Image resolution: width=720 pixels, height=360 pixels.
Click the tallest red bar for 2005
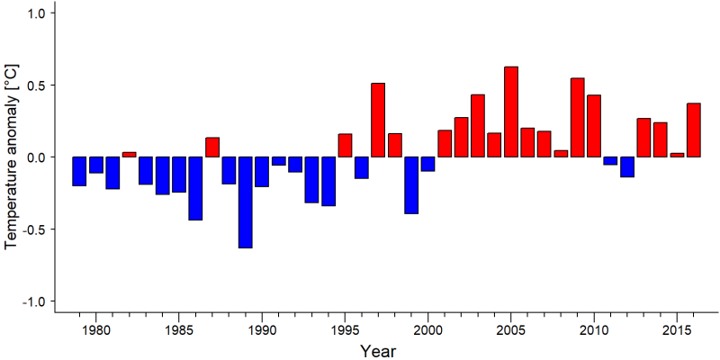511,112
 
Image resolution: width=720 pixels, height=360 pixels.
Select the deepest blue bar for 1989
245,202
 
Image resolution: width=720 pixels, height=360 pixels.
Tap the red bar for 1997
378,121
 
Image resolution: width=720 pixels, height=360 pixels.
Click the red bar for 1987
212,148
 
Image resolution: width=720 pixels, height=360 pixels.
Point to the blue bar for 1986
195,189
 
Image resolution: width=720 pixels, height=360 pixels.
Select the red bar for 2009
578,118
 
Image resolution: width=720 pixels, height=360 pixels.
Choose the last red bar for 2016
694,130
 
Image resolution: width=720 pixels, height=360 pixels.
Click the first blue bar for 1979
79,171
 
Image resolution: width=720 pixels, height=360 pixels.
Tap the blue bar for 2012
627,167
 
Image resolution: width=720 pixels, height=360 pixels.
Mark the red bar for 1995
345,146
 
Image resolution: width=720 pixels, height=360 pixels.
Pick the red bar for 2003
478,126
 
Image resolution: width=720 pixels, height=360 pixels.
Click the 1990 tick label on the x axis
262,330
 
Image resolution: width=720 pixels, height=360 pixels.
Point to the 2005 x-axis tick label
511,330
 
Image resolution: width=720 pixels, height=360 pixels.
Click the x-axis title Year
377,351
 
